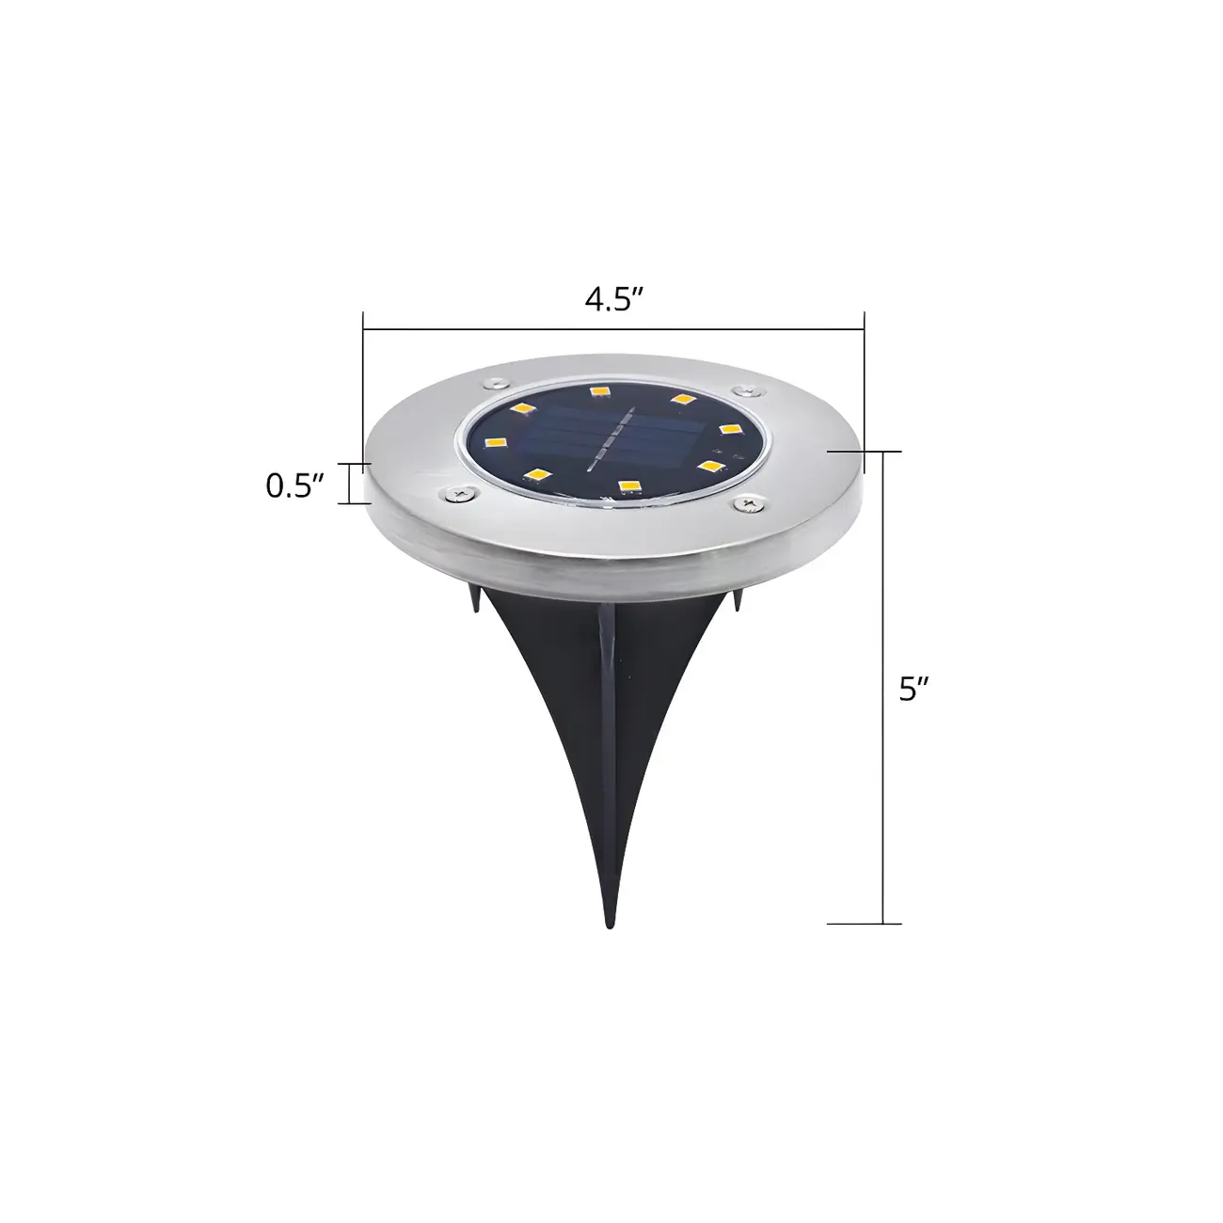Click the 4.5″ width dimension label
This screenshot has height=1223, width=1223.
coord(613,300)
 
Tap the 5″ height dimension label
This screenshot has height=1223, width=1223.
coord(913,690)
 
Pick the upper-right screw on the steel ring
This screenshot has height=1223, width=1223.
coord(746,388)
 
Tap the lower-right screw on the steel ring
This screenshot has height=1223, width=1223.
coord(748,505)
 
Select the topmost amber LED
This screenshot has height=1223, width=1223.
coord(597,390)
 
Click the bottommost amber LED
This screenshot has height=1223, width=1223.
coord(627,485)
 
